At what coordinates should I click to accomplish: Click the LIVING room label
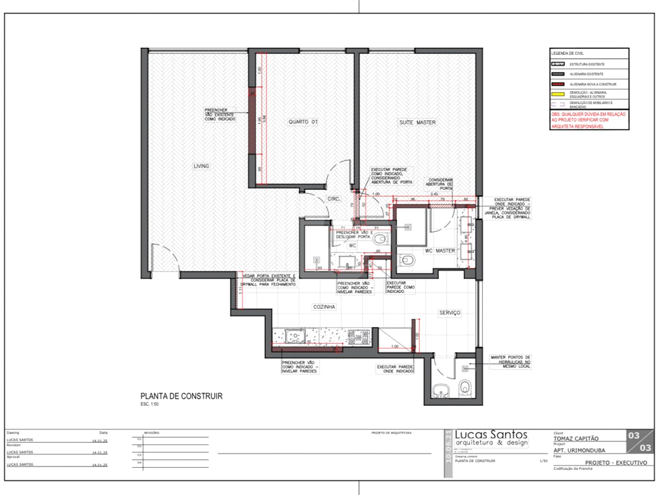pos(201,166)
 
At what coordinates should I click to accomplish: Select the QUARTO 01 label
pos(303,121)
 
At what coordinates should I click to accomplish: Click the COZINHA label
pos(324,307)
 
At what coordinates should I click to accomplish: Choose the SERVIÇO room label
pos(449,312)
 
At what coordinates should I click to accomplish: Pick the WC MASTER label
pos(440,250)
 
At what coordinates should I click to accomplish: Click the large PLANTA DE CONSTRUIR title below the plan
pos(181,396)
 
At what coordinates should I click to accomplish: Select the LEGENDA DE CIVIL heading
pos(568,53)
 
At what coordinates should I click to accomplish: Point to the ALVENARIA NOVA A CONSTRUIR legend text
pos(593,84)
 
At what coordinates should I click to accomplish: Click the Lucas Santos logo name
pos(491,434)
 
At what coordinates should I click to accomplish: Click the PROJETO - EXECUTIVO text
pos(615,463)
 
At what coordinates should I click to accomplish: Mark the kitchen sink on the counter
pos(297,336)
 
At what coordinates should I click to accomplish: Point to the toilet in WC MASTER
pos(409,260)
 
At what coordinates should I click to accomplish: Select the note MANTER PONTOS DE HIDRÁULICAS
pos(510,361)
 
